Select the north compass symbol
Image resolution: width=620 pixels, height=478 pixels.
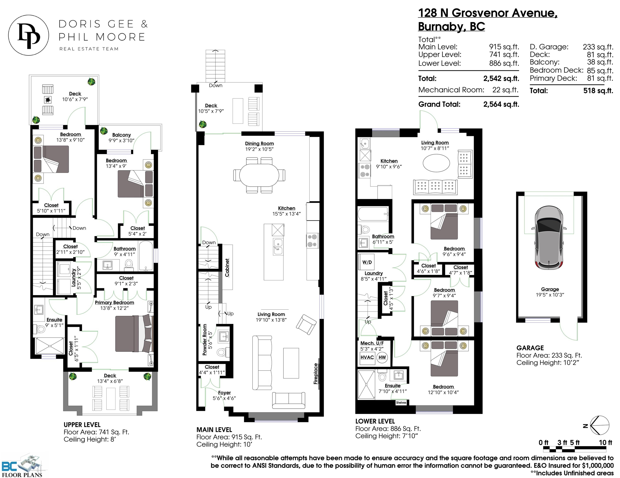[599, 425]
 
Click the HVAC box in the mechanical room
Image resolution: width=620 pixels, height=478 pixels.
[367, 357]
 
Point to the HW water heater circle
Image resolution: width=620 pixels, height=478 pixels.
[382, 357]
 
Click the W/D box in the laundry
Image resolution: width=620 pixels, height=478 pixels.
[367, 262]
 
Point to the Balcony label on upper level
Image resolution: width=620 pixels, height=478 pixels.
[122, 135]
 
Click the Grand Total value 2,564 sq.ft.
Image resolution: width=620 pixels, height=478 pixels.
[501, 104]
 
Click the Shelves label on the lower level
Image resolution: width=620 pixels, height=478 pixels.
[401, 402]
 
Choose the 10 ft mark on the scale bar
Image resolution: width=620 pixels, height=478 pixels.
[605, 442]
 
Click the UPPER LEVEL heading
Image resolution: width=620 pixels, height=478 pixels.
[82, 425]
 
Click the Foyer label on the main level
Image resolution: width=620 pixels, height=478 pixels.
[224, 393]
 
